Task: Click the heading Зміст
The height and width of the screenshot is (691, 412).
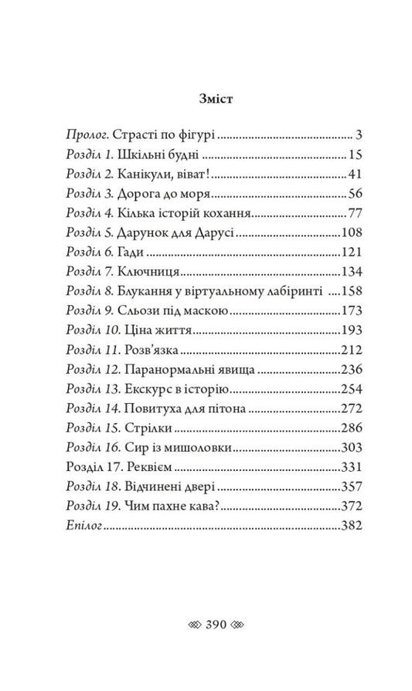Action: (206, 100)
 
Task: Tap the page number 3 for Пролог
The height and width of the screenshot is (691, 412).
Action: (359, 133)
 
